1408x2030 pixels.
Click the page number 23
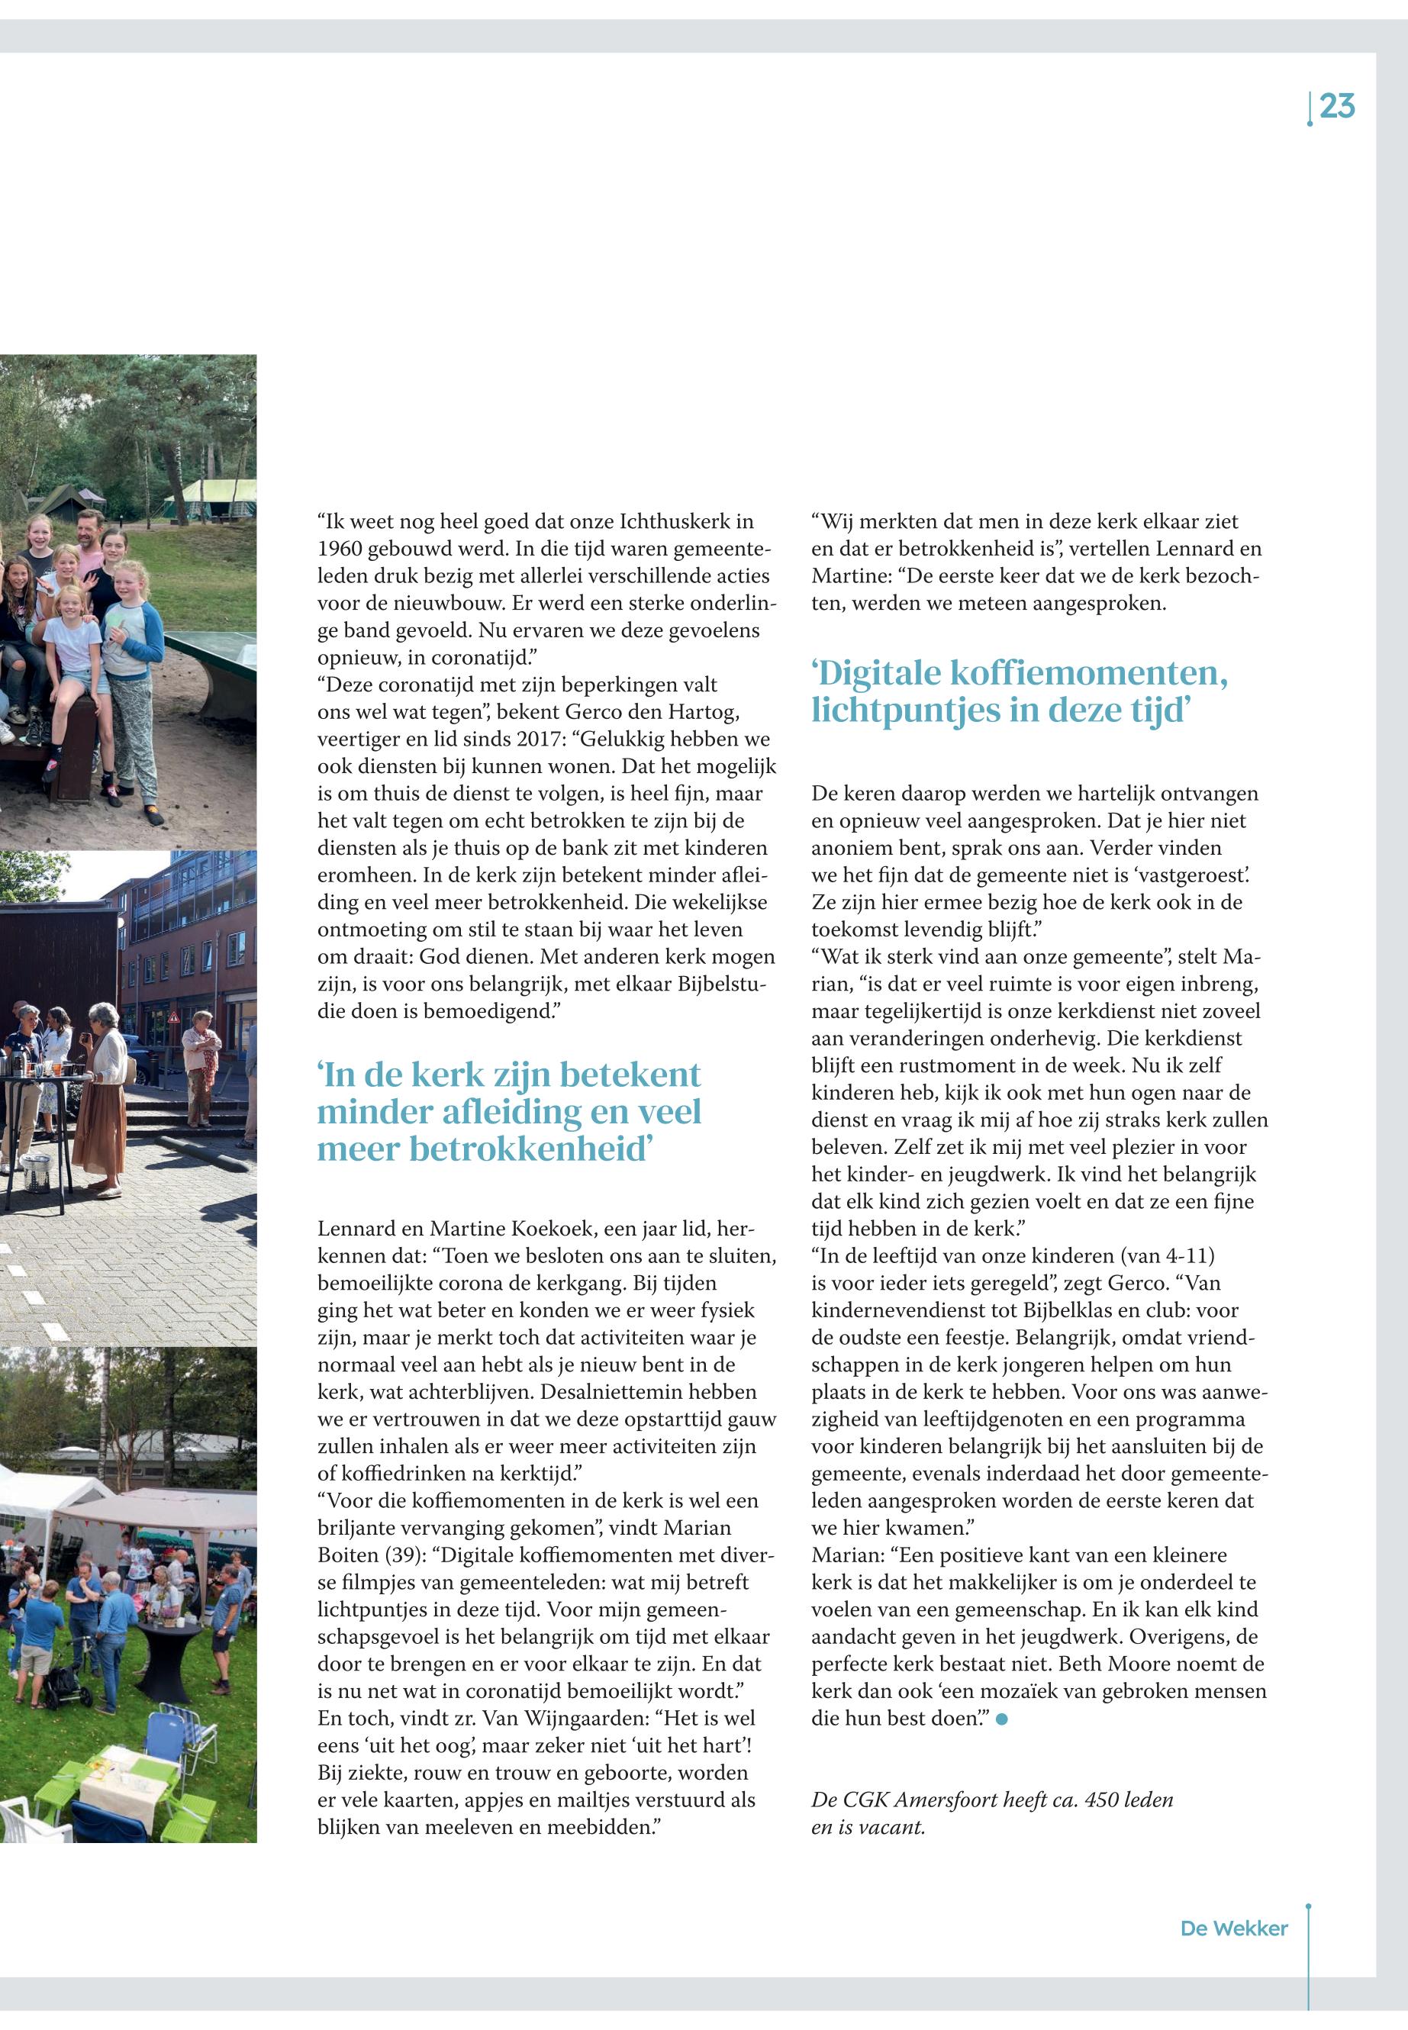(1338, 107)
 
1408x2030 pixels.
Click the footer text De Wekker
(1233, 1928)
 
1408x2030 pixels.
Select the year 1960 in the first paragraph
(339, 549)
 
